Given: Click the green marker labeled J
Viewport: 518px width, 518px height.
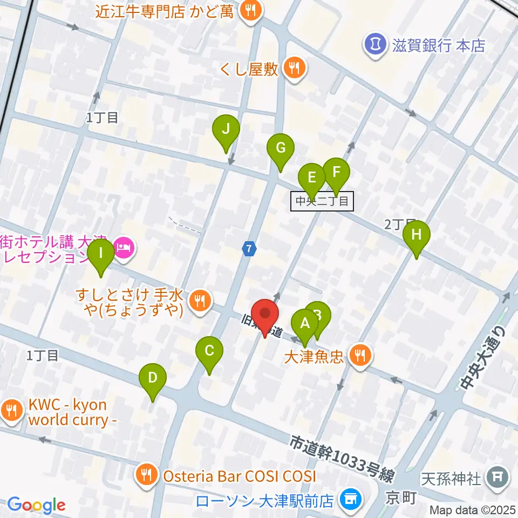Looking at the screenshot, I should click(226, 131).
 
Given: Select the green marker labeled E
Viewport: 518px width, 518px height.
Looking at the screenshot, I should click(312, 178).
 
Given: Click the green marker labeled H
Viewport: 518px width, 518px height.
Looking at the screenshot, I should click(416, 236).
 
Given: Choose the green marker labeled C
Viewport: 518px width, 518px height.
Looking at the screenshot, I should click(209, 351).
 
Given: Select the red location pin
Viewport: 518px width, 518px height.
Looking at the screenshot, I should click(265, 315).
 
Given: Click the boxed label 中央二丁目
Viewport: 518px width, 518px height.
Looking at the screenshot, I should click(323, 202).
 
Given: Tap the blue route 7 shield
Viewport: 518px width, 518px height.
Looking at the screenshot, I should click(248, 249).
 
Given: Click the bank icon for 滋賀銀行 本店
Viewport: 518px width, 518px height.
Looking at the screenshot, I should click(373, 44).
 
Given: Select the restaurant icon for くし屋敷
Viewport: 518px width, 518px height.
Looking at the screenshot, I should click(294, 68).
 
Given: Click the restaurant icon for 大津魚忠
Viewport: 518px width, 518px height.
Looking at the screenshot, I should click(359, 355).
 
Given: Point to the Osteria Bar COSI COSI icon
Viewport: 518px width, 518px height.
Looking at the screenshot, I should click(146, 475).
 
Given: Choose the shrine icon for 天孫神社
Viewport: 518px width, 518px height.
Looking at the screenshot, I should click(497, 477).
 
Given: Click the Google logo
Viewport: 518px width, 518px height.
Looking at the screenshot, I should click(36, 505).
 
